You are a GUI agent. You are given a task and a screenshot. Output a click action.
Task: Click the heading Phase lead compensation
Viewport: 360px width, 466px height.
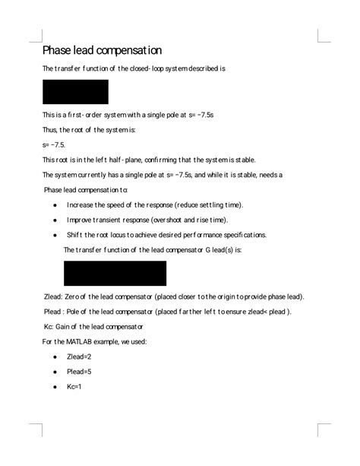[x=102, y=51]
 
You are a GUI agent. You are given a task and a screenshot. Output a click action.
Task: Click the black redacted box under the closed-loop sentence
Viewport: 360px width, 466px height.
[x=75, y=92]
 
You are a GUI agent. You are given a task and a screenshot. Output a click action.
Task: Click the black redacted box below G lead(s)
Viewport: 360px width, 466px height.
[x=115, y=273]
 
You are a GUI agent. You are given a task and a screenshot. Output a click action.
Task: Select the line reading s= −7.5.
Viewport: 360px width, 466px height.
[x=54, y=144]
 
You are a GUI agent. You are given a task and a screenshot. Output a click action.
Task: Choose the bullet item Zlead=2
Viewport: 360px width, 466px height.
[x=79, y=357]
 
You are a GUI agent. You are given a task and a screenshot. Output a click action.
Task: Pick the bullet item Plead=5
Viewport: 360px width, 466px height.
[x=79, y=372]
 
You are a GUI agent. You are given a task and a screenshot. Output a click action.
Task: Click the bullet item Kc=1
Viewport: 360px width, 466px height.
[x=74, y=387]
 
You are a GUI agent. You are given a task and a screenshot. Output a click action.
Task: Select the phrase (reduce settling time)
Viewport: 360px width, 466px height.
[x=209, y=205]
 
